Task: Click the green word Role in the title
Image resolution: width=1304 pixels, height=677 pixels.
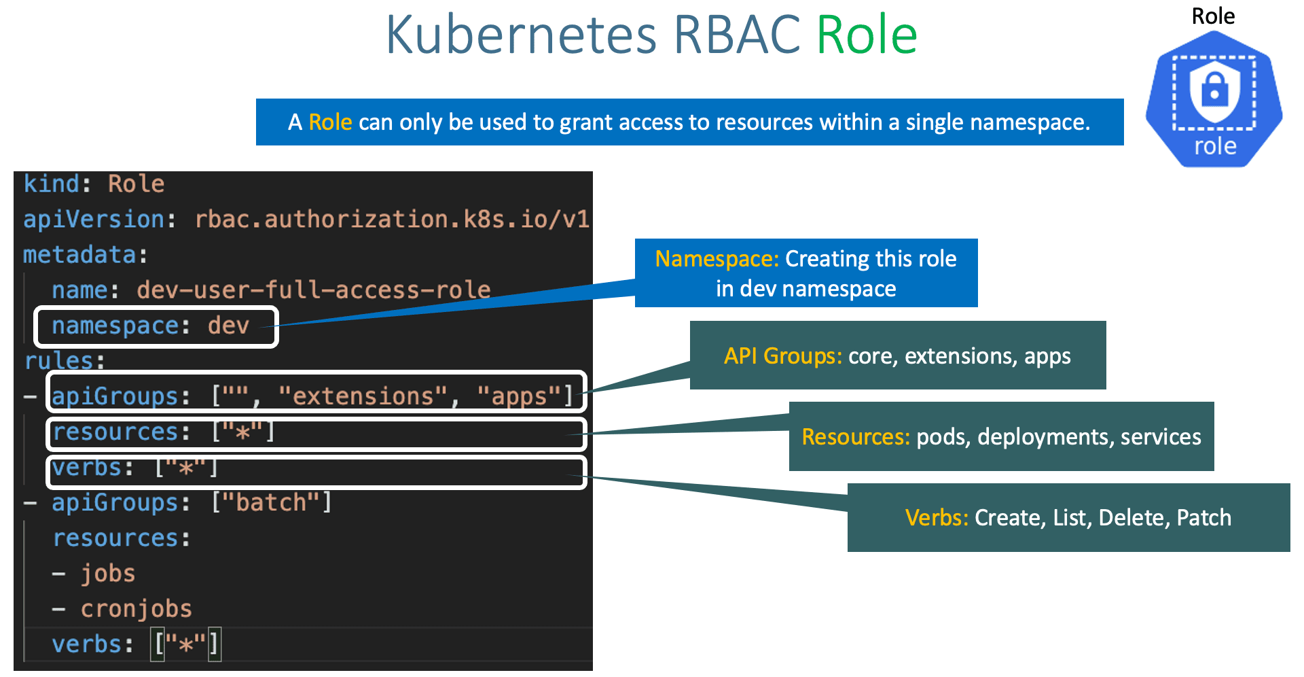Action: pyautogui.click(x=867, y=35)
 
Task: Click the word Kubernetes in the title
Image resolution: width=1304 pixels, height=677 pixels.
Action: pyautogui.click(x=521, y=35)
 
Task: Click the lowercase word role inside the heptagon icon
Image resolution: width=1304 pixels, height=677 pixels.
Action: pyautogui.click(x=1215, y=146)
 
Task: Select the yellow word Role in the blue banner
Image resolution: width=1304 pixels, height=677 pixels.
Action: pyautogui.click(x=330, y=122)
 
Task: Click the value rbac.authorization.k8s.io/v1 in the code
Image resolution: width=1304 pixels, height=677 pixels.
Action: pyautogui.click(x=392, y=220)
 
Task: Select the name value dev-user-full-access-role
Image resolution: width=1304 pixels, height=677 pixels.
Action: pyautogui.click(x=313, y=290)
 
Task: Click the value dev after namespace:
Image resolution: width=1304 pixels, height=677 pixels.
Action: pyautogui.click(x=228, y=326)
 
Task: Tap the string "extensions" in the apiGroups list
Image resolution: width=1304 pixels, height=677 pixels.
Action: pyautogui.click(x=363, y=396)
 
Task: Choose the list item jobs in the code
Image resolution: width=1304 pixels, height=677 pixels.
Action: pyautogui.click(x=108, y=573)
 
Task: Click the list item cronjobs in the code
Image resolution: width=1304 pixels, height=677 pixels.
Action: pyautogui.click(x=136, y=608)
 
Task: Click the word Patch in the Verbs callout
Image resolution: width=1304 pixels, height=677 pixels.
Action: pyautogui.click(x=1203, y=518)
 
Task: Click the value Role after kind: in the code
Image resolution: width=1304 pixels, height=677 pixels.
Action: pyautogui.click(x=136, y=184)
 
